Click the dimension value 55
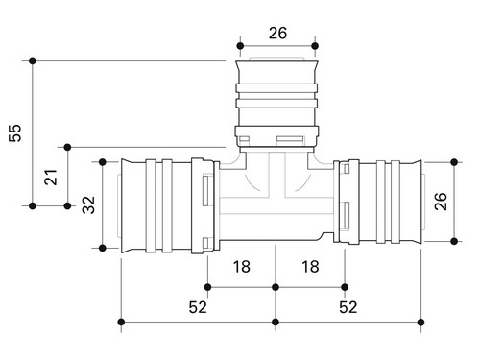pos(14,132)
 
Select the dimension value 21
pos(50,177)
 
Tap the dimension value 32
pos(88,204)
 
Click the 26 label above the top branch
pos(277,34)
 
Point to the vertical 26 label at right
pos(441,202)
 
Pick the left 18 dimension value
pos(242,267)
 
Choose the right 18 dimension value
pos(310,267)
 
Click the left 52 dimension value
pos(198,307)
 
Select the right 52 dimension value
pos(348,307)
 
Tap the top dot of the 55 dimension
pos(33,60)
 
